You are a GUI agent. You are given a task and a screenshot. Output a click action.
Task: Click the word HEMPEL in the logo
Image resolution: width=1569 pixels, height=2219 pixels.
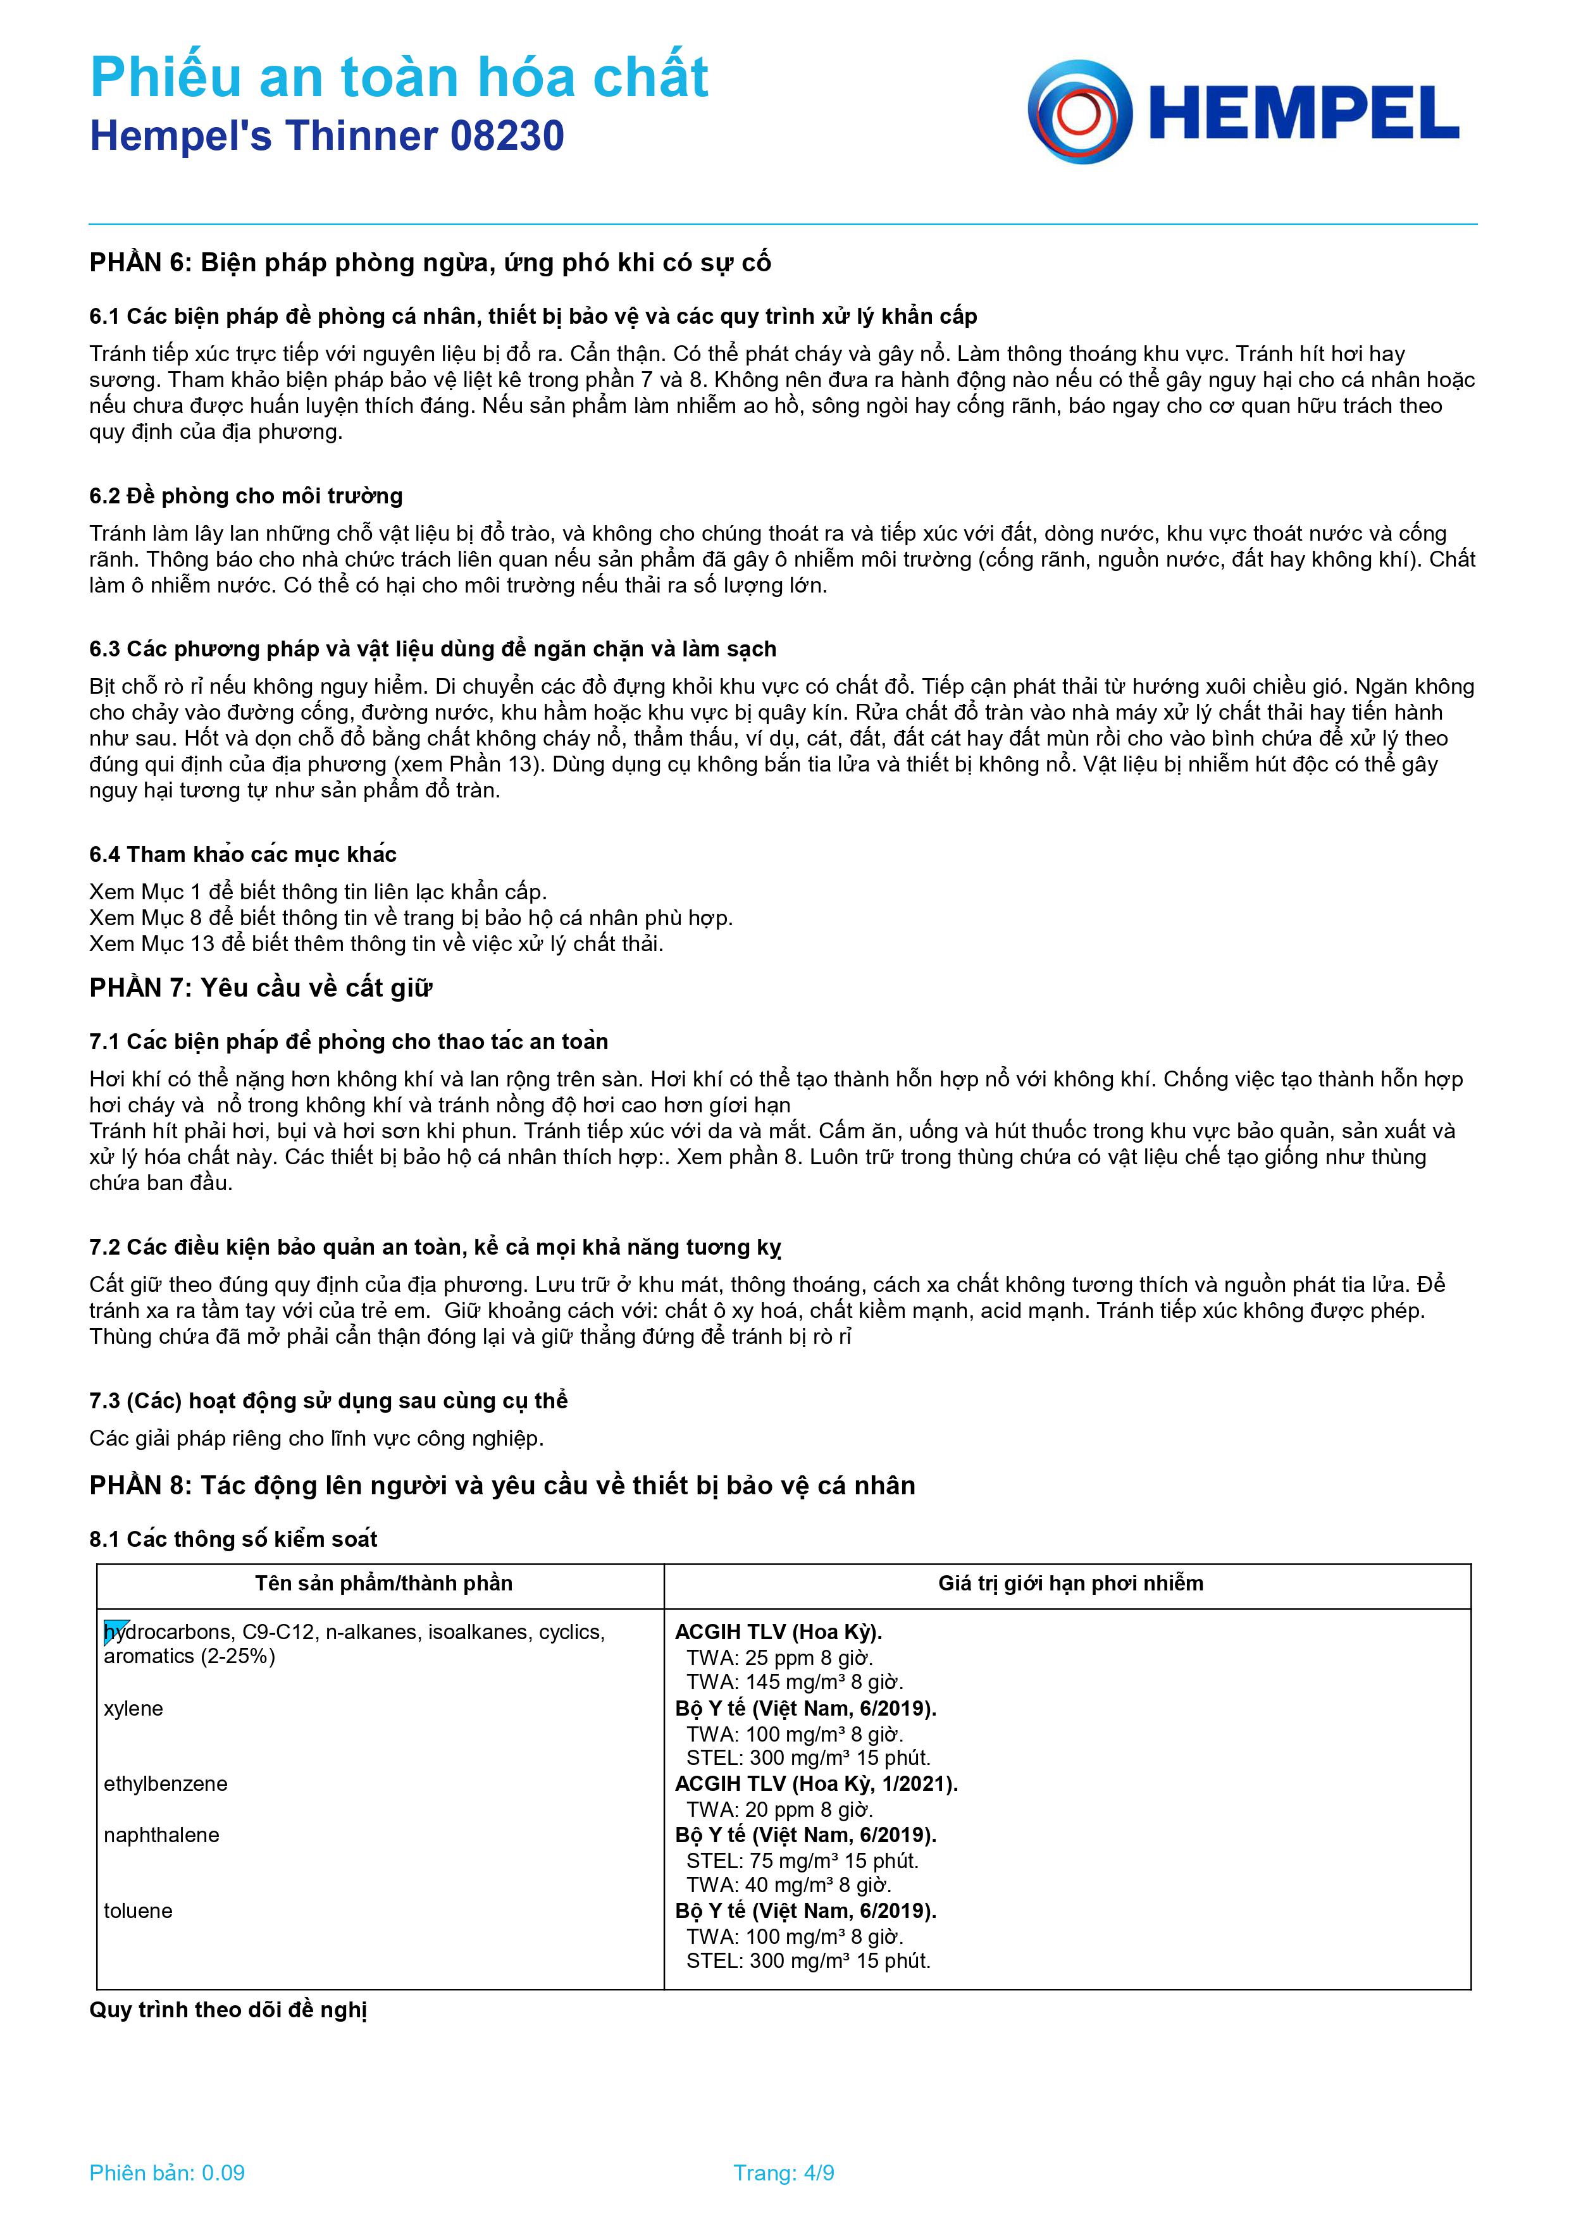pyautogui.click(x=1303, y=114)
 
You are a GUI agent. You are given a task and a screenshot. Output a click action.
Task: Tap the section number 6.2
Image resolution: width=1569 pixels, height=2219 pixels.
pyautogui.click(x=104, y=496)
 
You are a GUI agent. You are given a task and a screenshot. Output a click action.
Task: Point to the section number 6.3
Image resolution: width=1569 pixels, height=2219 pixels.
pyautogui.click(x=104, y=648)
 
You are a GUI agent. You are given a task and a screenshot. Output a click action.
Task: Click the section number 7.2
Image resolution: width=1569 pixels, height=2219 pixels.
pyautogui.click(x=104, y=1247)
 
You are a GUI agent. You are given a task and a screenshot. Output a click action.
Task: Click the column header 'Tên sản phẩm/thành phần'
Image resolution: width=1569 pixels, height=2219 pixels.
pyautogui.click(x=384, y=1583)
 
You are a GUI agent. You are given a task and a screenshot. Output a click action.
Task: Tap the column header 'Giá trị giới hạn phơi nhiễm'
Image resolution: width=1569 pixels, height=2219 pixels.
pyautogui.click(x=1070, y=1583)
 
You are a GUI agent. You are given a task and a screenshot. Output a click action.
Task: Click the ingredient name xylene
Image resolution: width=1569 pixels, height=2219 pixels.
pyautogui.click(x=133, y=1709)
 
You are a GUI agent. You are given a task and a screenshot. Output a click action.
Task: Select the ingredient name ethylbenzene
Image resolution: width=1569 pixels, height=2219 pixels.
pyautogui.click(x=165, y=1784)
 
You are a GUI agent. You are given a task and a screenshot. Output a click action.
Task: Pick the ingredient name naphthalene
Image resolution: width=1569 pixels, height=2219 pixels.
pyautogui.click(x=161, y=1835)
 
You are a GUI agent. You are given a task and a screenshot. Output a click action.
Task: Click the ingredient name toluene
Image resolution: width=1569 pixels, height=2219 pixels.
pyautogui.click(x=139, y=1910)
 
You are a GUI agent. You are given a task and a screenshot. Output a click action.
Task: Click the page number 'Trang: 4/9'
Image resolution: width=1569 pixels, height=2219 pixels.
pyautogui.click(x=784, y=2173)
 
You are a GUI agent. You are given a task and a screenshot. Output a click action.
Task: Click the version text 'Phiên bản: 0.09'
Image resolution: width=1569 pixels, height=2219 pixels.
pyautogui.click(x=167, y=2173)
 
